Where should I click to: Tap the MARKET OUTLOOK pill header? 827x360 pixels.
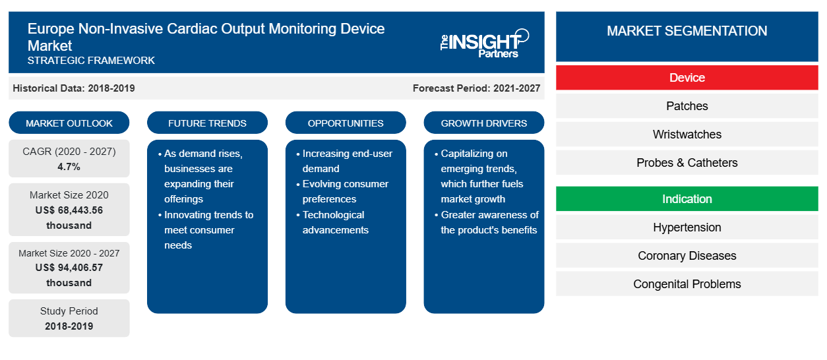[x=69, y=123]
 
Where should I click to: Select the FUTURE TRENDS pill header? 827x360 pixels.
[x=207, y=123]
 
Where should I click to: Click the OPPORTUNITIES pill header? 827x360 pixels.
[x=346, y=123]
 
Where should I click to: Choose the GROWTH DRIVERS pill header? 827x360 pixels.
[x=484, y=123]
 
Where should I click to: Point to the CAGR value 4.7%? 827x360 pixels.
[x=69, y=167]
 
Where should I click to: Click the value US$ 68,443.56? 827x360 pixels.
[x=69, y=210]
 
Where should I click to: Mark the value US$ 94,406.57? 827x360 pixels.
[x=69, y=268]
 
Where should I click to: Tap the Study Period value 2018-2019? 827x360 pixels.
[x=69, y=326]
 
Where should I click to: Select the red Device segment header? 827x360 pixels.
[x=687, y=78]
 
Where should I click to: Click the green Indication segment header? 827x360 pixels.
[x=687, y=199]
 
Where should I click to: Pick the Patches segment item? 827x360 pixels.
[x=687, y=106]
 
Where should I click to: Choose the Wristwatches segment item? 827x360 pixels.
[x=687, y=135]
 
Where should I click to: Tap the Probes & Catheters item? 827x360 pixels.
[x=687, y=163]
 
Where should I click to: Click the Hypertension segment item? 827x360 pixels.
[x=687, y=227]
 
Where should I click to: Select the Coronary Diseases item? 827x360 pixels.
[x=687, y=256]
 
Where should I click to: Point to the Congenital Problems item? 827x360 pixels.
[x=687, y=284]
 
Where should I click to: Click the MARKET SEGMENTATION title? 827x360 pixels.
[x=687, y=30]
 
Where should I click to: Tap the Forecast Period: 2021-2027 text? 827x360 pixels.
[x=476, y=88]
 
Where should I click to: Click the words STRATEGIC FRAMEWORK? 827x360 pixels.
[x=91, y=60]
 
